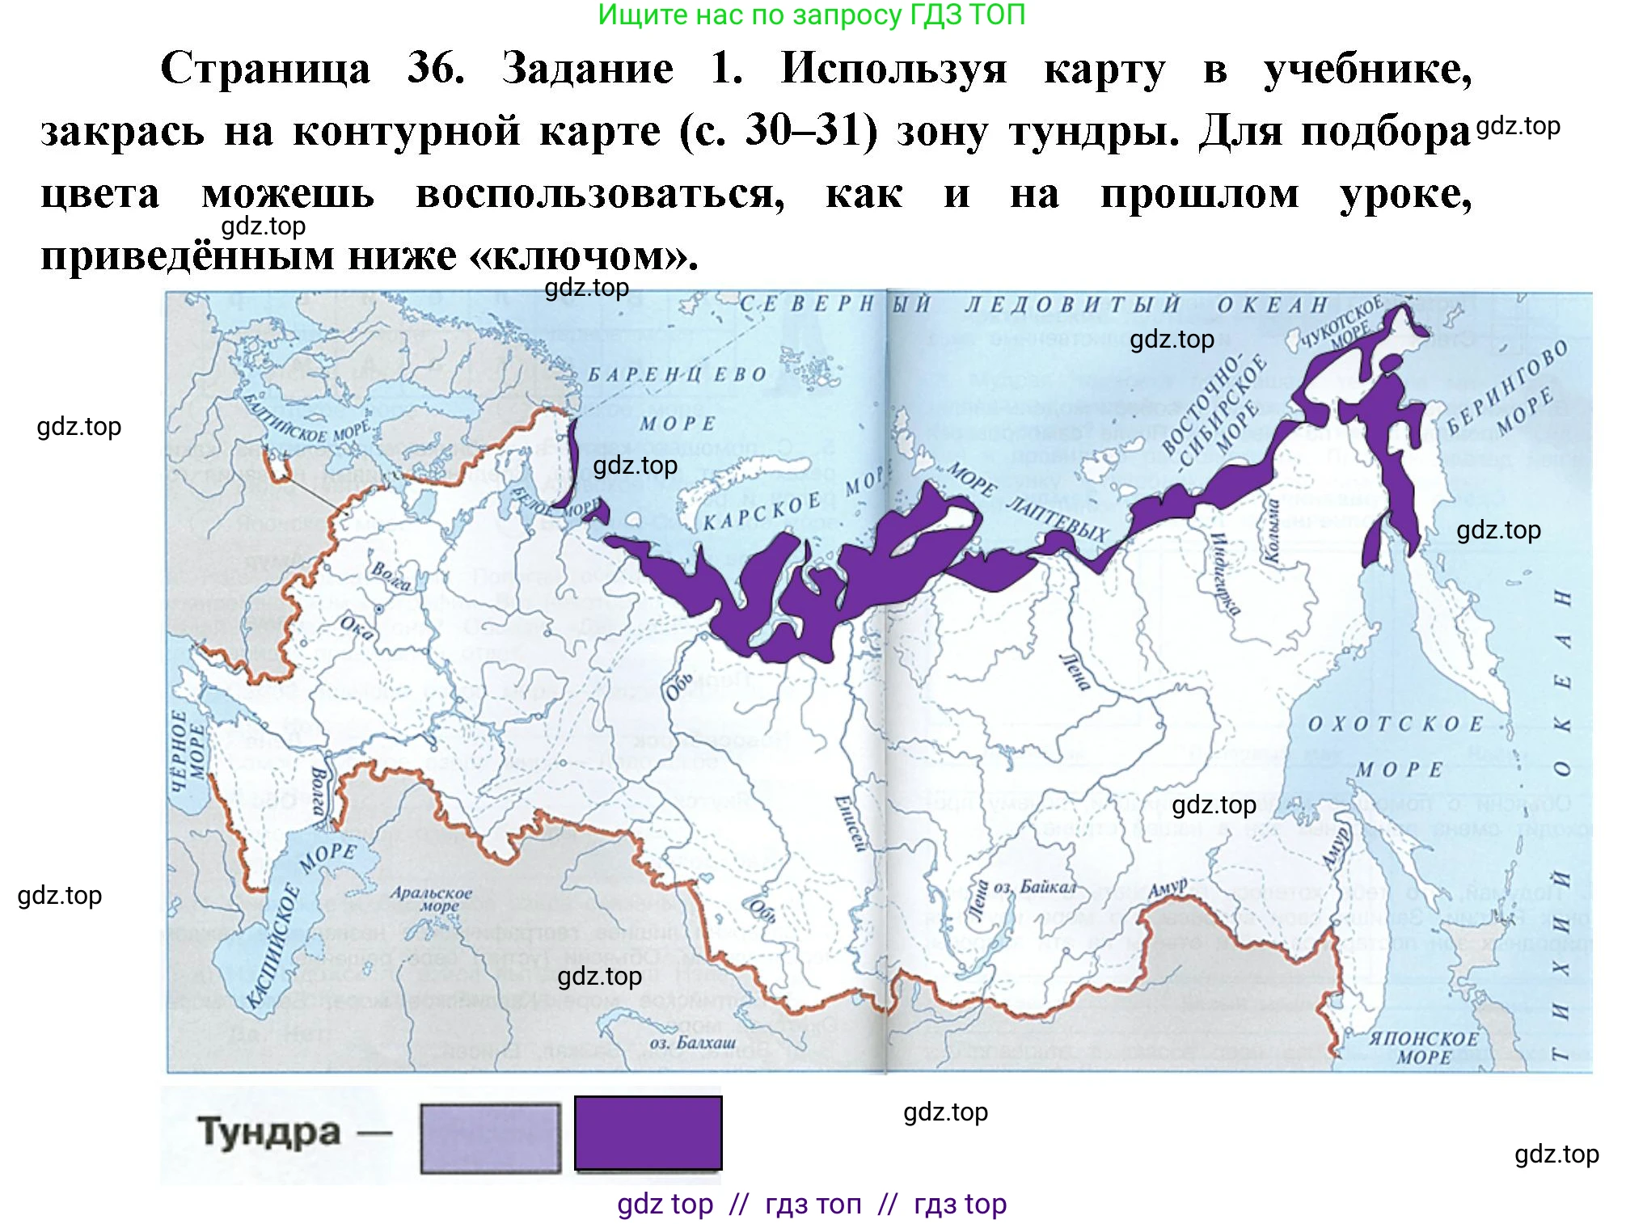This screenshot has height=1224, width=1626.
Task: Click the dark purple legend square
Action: (648, 1133)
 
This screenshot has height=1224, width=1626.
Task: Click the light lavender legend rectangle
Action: (490, 1138)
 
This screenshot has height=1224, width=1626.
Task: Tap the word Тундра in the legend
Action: (268, 1132)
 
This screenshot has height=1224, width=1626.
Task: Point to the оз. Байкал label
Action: (1034, 887)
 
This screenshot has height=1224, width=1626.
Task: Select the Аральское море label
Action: (431, 898)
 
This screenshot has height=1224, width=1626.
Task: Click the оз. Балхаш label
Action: (693, 1042)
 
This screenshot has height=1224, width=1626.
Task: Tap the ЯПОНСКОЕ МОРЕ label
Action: (1423, 1047)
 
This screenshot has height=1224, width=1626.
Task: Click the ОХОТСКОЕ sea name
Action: (1396, 724)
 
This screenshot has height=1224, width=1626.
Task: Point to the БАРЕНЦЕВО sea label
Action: (677, 375)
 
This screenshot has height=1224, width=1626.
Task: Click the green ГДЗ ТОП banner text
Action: (811, 15)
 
